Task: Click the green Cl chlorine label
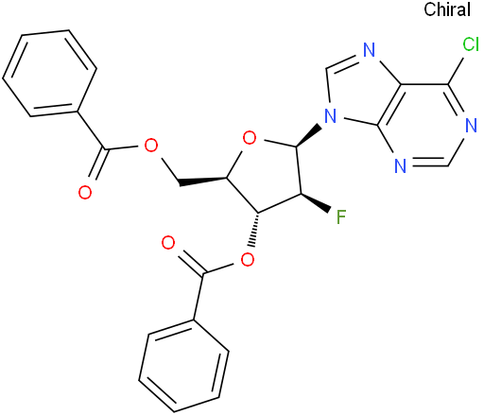(471, 44)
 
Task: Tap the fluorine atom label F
(341, 216)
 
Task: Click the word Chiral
(447, 9)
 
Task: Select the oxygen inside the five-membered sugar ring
(250, 138)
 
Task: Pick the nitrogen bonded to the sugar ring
(331, 115)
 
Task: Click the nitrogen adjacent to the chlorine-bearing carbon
(471, 126)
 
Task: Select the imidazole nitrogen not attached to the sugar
(369, 50)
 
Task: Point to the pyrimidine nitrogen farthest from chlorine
(400, 165)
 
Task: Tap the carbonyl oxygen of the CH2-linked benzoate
(85, 192)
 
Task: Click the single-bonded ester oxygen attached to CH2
(150, 145)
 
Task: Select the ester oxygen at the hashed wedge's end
(248, 260)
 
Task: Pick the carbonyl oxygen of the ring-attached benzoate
(168, 243)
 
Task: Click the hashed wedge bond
(254, 229)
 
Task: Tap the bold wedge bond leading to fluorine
(316, 202)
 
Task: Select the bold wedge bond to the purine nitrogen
(308, 136)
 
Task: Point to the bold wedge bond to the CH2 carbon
(202, 182)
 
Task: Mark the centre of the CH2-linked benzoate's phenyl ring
(49, 74)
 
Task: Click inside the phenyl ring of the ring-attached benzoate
(183, 366)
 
